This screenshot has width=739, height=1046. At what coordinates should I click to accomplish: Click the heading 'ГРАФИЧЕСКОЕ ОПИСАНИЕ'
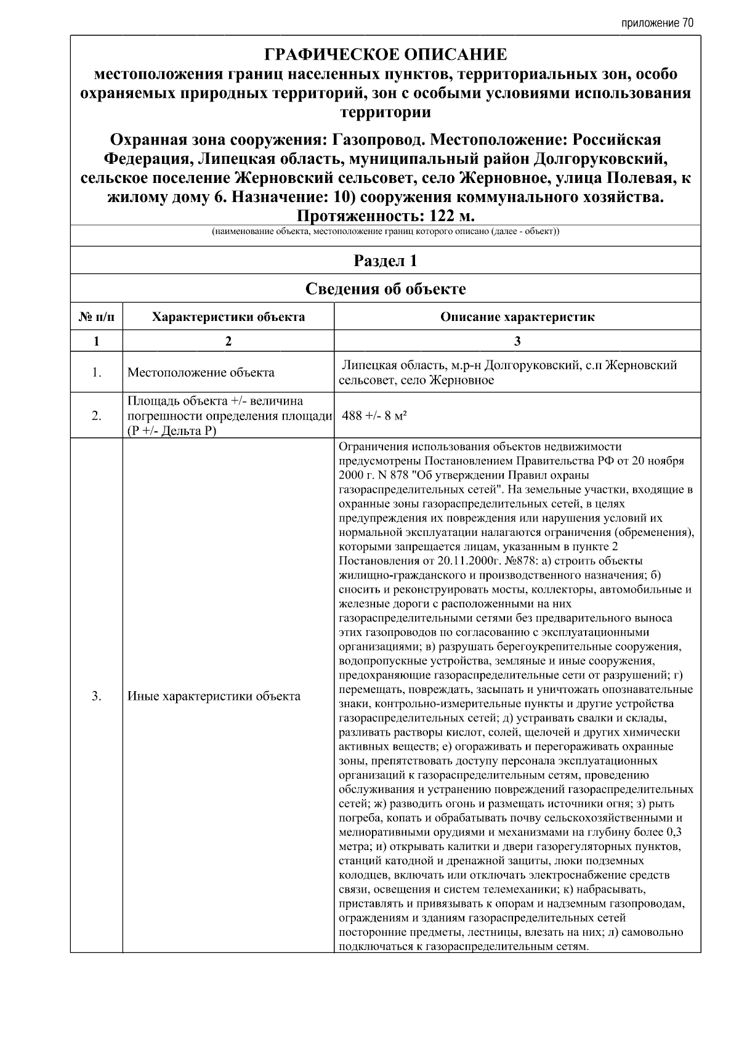tap(386, 55)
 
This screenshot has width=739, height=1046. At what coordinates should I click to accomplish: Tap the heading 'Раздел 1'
tap(386, 261)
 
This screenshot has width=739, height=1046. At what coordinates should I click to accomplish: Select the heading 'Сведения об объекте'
tap(386, 288)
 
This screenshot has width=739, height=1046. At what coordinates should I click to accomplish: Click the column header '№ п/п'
tap(97, 317)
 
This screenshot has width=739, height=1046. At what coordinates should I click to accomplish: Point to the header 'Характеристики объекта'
tap(228, 317)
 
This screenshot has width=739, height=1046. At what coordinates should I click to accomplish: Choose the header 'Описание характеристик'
tap(517, 317)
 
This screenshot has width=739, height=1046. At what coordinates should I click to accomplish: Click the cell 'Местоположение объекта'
tap(201, 372)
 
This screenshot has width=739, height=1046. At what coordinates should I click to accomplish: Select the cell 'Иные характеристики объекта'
tap(214, 696)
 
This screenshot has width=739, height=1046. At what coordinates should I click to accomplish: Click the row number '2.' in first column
tap(97, 415)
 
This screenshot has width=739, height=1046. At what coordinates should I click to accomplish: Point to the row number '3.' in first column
tap(97, 696)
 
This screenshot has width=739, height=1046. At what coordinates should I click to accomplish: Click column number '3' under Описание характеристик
tap(517, 341)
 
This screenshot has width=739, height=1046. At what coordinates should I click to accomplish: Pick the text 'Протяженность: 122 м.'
tap(386, 216)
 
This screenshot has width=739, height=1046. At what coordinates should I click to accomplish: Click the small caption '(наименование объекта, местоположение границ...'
tap(386, 232)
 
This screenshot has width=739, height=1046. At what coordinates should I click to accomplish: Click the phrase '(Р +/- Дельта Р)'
tap(172, 431)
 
